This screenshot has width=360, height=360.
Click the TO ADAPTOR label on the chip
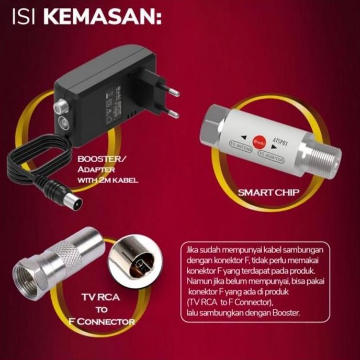click(271, 157)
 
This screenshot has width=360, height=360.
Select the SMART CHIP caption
click(268, 192)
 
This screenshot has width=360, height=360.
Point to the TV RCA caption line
click(100, 298)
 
